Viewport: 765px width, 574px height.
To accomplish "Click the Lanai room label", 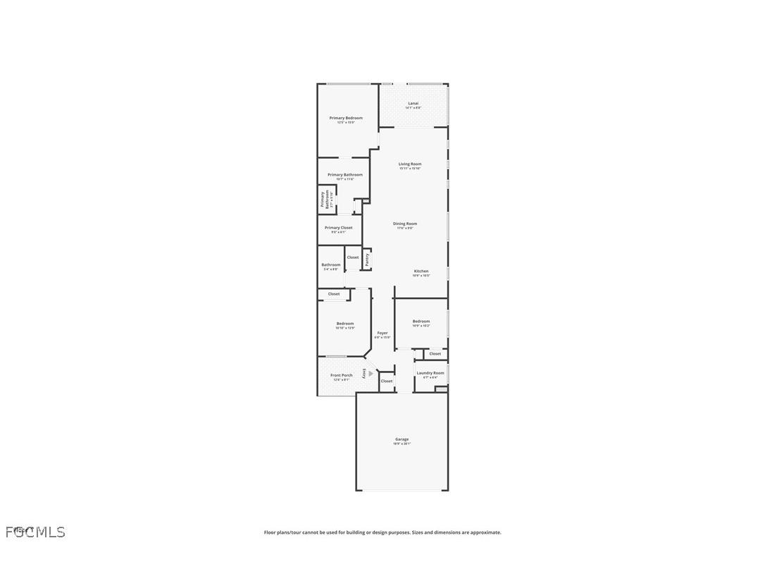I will point(413,104).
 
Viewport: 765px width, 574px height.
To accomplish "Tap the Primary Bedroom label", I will point(346,118).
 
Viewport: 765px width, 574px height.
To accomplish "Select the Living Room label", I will point(409,164).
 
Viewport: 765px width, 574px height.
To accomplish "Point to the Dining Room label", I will point(405,224).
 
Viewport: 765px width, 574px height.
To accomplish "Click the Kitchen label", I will point(421,271).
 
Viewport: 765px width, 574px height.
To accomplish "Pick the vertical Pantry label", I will point(367,259).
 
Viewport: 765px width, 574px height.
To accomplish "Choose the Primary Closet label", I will point(338,228).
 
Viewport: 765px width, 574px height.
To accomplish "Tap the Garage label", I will point(402,439).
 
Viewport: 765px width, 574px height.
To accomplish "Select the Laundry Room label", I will point(430,373).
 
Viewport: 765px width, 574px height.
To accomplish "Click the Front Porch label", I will point(342,375).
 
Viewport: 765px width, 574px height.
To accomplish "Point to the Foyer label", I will point(382,333).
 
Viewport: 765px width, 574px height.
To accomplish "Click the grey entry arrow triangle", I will point(371,374).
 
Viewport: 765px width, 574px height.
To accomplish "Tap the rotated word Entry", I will point(364,374).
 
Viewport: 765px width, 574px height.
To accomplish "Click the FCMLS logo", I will point(35,532).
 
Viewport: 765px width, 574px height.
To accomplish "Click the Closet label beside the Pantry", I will point(353,257).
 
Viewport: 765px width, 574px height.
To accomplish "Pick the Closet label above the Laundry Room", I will point(435,353).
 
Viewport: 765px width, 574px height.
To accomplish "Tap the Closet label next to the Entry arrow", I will point(387,381).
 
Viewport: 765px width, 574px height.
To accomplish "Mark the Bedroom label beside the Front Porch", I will point(345,324).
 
